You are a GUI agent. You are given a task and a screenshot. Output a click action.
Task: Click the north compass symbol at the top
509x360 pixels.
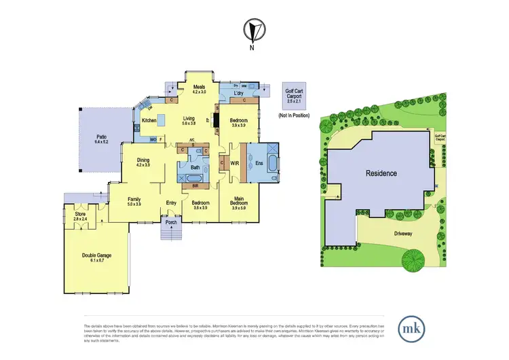[x=252, y=31]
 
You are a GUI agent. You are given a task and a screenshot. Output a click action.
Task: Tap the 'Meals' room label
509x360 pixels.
[x=199, y=88]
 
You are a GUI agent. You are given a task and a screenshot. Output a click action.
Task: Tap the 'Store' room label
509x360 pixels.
[x=81, y=211]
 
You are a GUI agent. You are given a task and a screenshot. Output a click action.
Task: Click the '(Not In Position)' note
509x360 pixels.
[x=294, y=116]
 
